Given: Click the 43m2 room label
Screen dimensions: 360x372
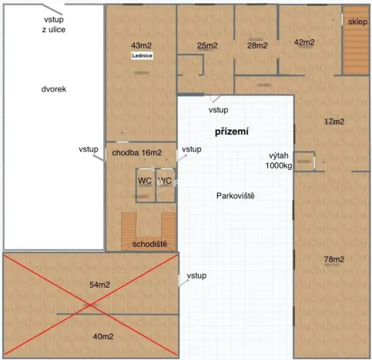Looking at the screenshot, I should coord(142,46).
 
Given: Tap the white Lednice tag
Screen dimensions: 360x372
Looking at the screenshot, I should coord(142,56).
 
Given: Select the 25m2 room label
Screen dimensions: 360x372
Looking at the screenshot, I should coord(207,46).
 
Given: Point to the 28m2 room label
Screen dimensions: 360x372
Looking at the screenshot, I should coord(257,46).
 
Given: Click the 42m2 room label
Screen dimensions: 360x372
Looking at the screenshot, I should coord(305,42).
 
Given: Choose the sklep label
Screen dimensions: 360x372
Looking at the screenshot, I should coord(357,22).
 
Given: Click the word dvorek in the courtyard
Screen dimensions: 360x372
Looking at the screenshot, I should coord(54,89).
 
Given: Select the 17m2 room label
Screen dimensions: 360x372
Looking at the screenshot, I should coord(334,122).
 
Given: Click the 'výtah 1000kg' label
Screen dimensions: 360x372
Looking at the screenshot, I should coord(279,159).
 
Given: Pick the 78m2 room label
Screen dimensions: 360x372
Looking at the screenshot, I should coord(334,259).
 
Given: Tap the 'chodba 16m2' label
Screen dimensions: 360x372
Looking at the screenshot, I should coord(136,153).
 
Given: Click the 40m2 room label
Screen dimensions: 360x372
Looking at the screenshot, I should coord(103,336).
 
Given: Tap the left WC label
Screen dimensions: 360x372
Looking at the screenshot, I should coord(145,181).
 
